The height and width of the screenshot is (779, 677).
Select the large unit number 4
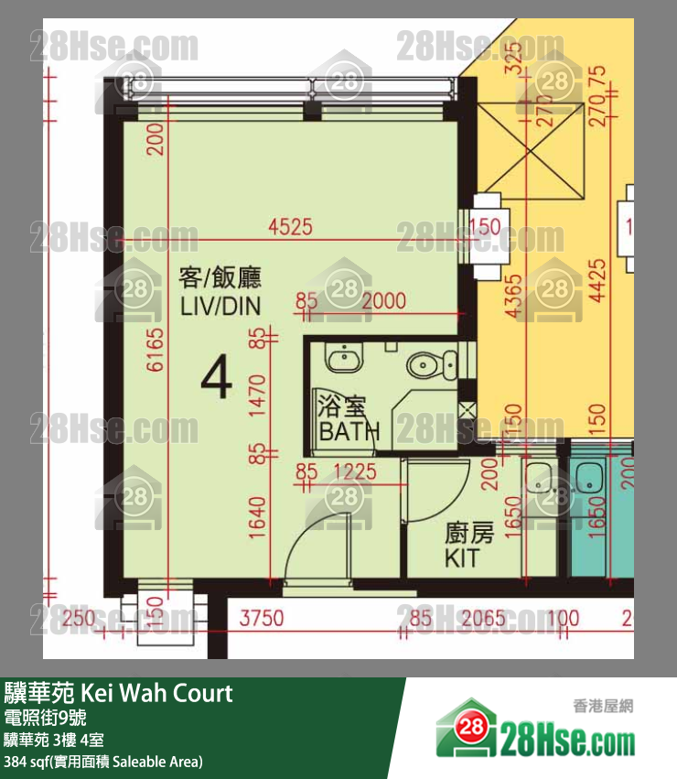click(216, 377)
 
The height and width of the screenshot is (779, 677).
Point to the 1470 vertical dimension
click(257, 396)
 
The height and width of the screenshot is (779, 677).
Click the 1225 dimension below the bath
click(356, 472)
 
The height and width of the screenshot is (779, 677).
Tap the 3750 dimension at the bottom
click(261, 620)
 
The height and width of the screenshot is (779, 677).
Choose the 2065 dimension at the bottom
click(482, 620)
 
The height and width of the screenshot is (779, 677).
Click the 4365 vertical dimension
click(514, 297)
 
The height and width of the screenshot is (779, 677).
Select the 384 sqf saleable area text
click(102, 762)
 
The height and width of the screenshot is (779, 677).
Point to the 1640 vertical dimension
click(257, 528)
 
